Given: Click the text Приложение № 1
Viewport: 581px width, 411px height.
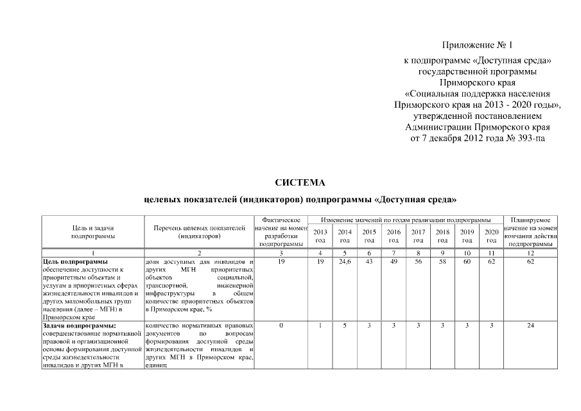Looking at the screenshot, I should [478, 45].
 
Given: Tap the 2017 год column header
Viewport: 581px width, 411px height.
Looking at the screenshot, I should [418, 236].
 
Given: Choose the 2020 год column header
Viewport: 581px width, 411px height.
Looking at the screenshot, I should [491, 236].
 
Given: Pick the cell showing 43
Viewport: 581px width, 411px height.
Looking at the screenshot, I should [369, 262].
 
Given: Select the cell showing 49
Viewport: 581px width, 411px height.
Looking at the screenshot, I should [394, 262].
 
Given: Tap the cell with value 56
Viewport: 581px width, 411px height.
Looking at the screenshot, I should [418, 262].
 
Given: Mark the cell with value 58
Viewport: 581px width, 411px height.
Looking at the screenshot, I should [442, 262].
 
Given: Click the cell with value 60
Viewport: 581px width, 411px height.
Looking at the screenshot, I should [467, 262].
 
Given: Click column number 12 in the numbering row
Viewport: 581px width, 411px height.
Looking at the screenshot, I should [530, 254].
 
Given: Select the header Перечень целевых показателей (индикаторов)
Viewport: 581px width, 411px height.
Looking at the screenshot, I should [200, 232].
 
